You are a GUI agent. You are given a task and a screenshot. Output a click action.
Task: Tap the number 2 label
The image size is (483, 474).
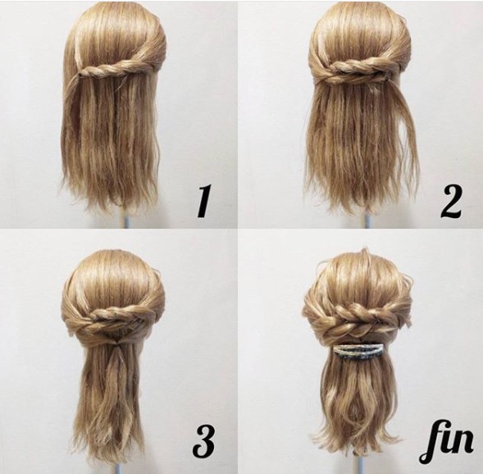(x=451, y=201)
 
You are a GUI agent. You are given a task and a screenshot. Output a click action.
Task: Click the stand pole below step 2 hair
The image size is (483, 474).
(x=367, y=221)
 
